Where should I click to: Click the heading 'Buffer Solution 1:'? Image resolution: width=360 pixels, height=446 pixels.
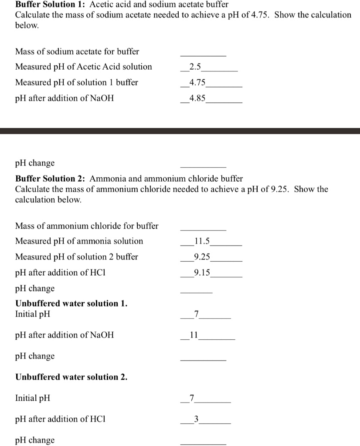click(45, 4)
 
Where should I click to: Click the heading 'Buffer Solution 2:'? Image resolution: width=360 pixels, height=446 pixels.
click(51, 179)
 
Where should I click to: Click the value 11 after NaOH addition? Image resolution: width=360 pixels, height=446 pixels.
click(194, 335)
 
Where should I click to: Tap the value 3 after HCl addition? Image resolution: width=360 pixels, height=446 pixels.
click(196, 419)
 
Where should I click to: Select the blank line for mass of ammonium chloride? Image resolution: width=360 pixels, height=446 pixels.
click(203, 230)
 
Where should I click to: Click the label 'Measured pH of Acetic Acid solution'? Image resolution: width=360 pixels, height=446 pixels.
click(84, 67)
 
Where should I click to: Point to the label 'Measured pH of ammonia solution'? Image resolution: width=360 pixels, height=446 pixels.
click(79, 241)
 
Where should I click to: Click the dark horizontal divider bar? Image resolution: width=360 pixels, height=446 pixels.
click(180, 131)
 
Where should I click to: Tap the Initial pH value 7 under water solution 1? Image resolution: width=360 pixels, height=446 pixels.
click(196, 314)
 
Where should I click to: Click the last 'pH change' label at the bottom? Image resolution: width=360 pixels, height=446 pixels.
click(35, 440)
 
